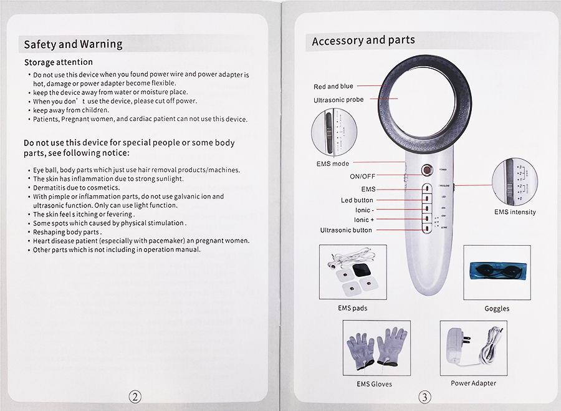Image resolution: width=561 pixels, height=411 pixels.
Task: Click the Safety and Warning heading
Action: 73,44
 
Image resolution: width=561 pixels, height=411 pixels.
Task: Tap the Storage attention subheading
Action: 58,62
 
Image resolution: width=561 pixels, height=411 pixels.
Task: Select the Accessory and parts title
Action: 363,41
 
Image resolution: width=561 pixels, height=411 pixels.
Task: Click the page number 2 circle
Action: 135,396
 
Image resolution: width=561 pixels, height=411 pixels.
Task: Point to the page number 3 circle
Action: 424,397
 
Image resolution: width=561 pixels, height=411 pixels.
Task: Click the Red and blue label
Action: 333,87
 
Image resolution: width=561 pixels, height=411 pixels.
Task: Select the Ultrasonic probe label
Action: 338,100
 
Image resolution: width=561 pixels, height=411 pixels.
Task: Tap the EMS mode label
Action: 332,164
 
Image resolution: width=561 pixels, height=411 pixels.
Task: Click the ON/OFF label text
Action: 362,176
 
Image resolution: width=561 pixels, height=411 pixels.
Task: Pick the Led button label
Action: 357,200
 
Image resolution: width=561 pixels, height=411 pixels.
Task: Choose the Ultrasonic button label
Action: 346,230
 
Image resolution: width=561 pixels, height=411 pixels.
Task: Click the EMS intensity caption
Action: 514,212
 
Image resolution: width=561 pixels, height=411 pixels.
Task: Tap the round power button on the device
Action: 427,170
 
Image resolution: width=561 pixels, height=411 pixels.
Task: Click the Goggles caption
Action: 497,309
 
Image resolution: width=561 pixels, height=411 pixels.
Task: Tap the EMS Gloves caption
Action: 374,384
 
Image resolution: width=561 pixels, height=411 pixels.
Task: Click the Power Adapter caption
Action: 473,383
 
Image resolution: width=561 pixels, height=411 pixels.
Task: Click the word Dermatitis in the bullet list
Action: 50,188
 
